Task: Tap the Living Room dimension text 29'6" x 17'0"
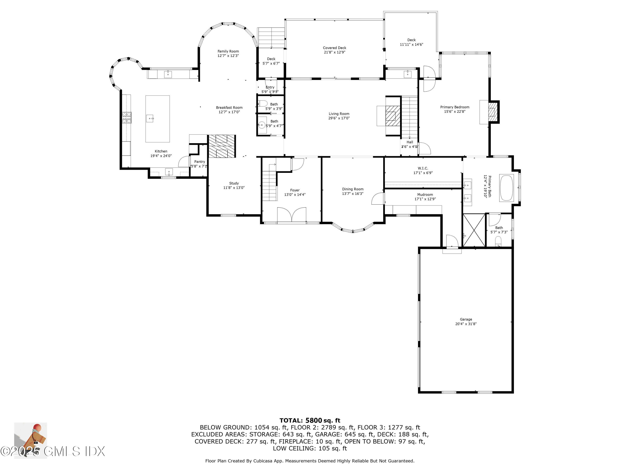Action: [x=339, y=118]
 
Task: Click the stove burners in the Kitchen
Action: [x=127, y=118]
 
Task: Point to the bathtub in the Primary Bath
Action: [x=506, y=188]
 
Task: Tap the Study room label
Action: [x=234, y=183]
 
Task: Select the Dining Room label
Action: [x=353, y=189]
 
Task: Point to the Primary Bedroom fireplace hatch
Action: [x=492, y=112]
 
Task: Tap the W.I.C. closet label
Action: [x=423, y=168]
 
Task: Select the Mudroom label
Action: [x=425, y=194]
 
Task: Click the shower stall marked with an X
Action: [x=474, y=230]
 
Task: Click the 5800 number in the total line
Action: [x=314, y=420]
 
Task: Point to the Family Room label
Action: [x=228, y=51]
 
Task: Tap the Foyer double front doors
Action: [x=291, y=214]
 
